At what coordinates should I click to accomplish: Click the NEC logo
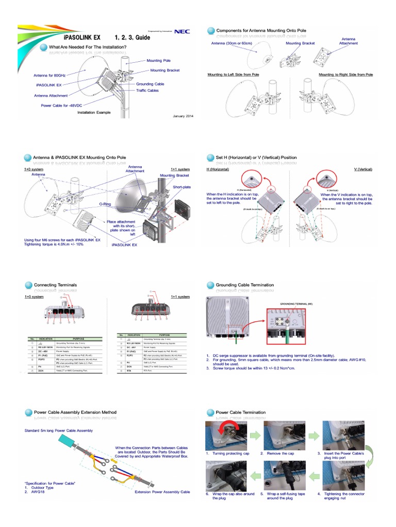(x=182, y=31)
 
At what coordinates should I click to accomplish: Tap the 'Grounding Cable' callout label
(x=151, y=83)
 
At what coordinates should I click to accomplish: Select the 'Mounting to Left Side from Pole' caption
(x=233, y=75)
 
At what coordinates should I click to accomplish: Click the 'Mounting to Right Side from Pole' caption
(x=345, y=75)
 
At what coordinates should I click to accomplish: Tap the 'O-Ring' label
(x=105, y=204)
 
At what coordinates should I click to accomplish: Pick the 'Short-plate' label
(x=182, y=187)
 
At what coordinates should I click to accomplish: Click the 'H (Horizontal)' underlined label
(x=218, y=169)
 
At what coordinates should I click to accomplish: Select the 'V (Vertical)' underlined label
(x=363, y=169)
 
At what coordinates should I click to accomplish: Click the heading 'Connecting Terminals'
(x=55, y=285)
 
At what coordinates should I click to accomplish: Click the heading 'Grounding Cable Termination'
(x=244, y=285)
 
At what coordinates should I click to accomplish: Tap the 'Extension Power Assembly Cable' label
(x=162, y=492)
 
